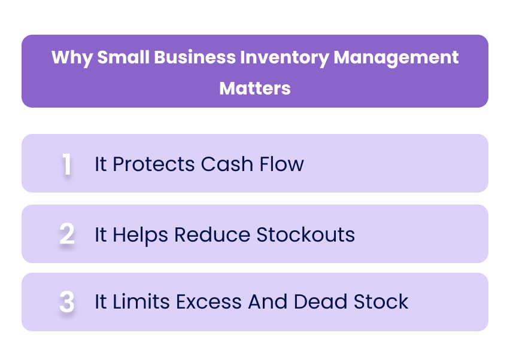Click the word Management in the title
pos(396,58)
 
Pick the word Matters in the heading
pos(255,88)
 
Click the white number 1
pos(67,164)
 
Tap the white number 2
pos(67,234)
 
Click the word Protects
pos(154,164)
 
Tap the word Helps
pos(141,234)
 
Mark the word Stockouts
pos(305,234)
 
